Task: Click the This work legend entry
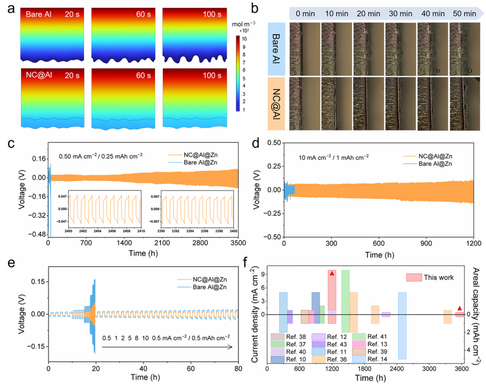438,278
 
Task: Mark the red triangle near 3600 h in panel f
459,308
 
